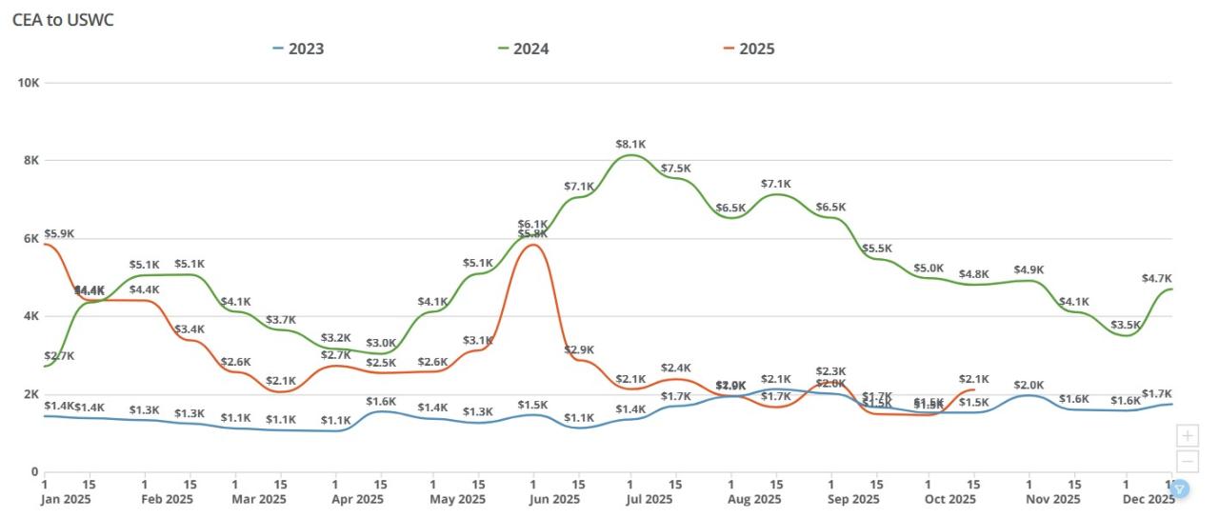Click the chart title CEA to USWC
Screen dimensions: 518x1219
pos(63,20)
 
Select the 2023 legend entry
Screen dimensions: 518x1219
pos(305,49)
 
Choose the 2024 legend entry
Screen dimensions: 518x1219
pos(530,49)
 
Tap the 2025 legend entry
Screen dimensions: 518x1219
pos(757,49)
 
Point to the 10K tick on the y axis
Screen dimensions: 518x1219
pos(28,83)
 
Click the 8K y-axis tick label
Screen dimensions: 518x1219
pos(30,160)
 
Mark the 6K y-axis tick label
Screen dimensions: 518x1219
pos(30,238)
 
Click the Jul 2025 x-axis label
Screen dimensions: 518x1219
pos(630,499)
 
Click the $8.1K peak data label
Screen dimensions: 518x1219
pos(630,145)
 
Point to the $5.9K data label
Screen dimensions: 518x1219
pos(59,233)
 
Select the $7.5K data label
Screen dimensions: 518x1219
pos(676,169)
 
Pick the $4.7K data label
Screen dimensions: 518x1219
pos(1156,279)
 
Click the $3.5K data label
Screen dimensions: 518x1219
pos(1126,324)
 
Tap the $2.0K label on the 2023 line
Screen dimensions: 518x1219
pos(1029,385)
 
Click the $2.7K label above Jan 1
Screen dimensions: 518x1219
pos(59,356)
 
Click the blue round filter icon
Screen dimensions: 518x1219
pos(1179,489)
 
